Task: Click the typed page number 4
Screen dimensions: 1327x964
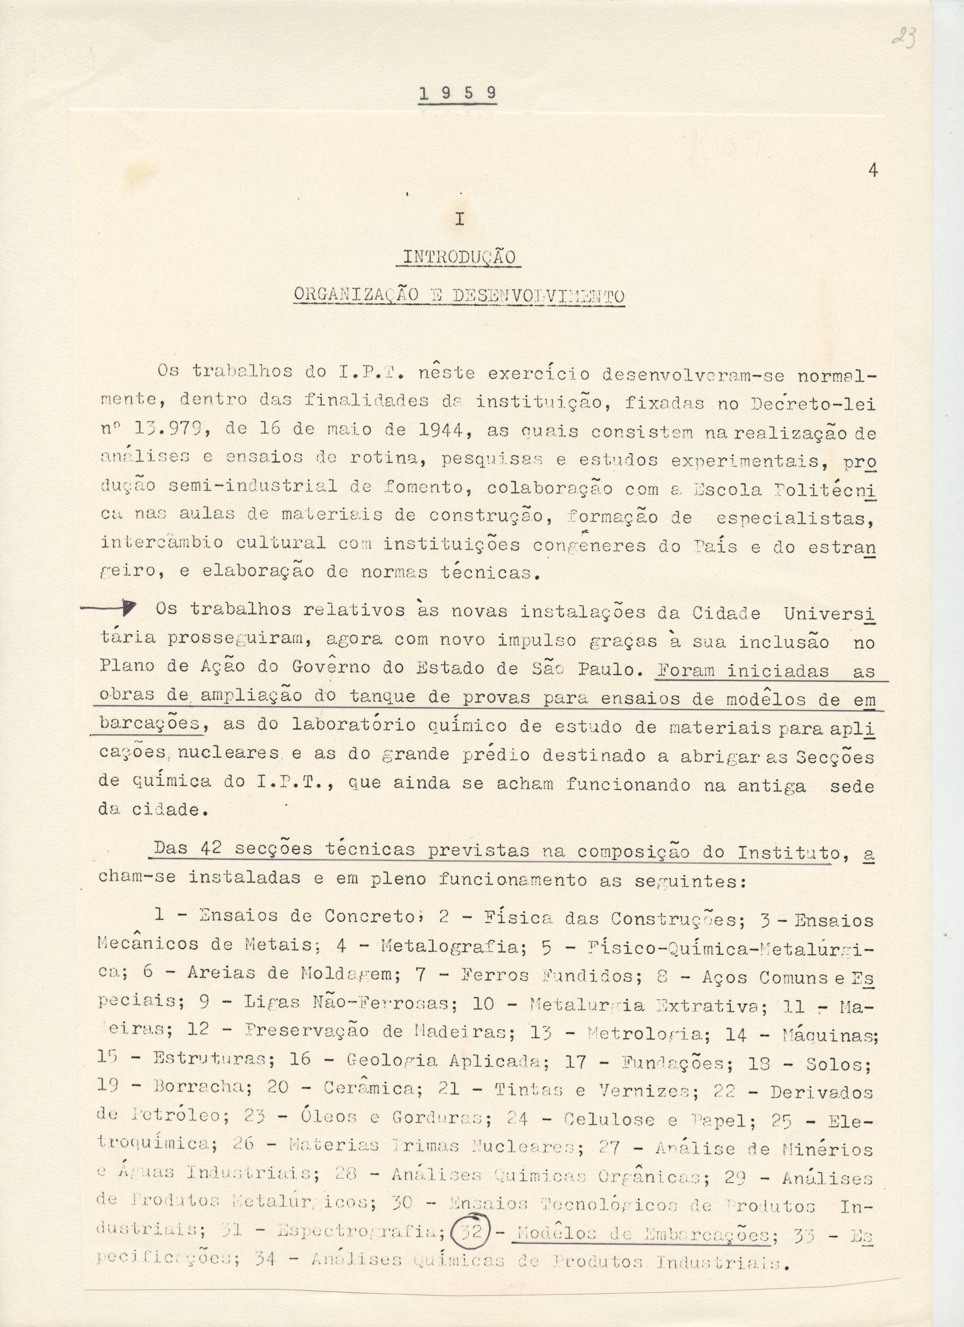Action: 873,172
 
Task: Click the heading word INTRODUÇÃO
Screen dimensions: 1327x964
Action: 458,258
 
